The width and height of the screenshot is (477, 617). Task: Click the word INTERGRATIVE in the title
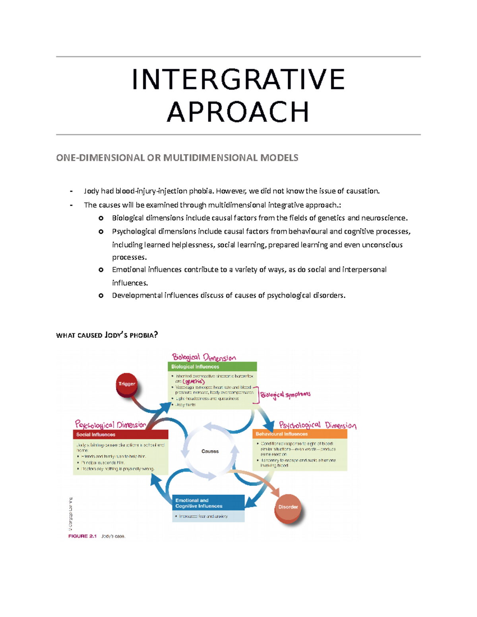click(238, 79)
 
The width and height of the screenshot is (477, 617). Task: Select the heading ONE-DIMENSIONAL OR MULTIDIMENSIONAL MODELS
click(177, 158)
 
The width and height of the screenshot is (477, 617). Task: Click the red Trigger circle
click(127, 384)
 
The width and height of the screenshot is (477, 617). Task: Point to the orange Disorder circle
click(288, 507)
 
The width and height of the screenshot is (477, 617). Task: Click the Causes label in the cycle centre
click(210, 451)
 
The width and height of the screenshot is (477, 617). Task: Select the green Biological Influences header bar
click(212, 367)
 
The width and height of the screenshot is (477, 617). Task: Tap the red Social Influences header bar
click(120, 435)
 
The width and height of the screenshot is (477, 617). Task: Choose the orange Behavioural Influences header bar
click(300, 434)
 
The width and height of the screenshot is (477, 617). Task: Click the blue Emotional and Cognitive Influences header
click(208, 503)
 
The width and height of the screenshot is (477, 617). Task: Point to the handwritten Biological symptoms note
click(285, 395)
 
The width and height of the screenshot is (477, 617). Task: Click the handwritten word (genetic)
click(194, 381)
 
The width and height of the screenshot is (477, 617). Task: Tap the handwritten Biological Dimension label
click(204, 357)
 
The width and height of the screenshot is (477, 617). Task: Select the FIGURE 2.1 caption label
click(82, 536)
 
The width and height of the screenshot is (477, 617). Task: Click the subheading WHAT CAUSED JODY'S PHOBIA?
click(107, 335)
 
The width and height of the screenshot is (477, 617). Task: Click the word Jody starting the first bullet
click(91, 191)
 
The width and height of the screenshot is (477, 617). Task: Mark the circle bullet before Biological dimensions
click(101, 218)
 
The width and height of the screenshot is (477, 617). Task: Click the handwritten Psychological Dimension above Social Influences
click(111, 425)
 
